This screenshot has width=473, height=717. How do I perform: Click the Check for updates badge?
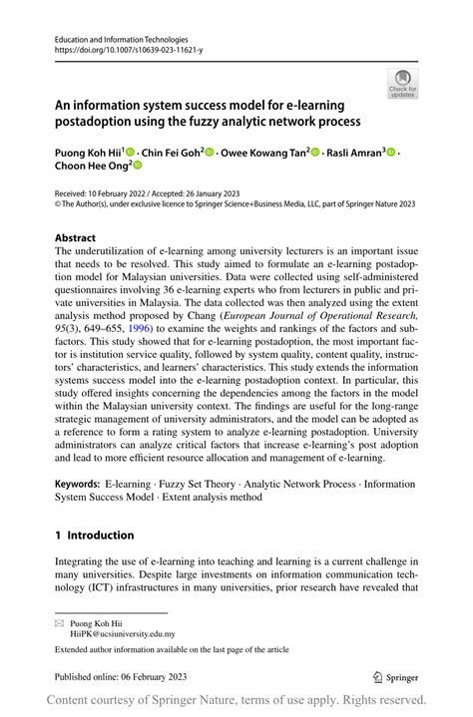402,84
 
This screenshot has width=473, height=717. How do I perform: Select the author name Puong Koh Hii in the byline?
87,153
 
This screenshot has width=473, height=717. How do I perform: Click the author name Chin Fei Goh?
170,153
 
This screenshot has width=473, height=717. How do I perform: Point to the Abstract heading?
76,238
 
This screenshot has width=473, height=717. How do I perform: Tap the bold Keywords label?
80,484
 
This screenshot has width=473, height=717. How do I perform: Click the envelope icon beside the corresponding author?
59,621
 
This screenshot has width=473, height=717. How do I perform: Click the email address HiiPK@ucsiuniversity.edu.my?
122,632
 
